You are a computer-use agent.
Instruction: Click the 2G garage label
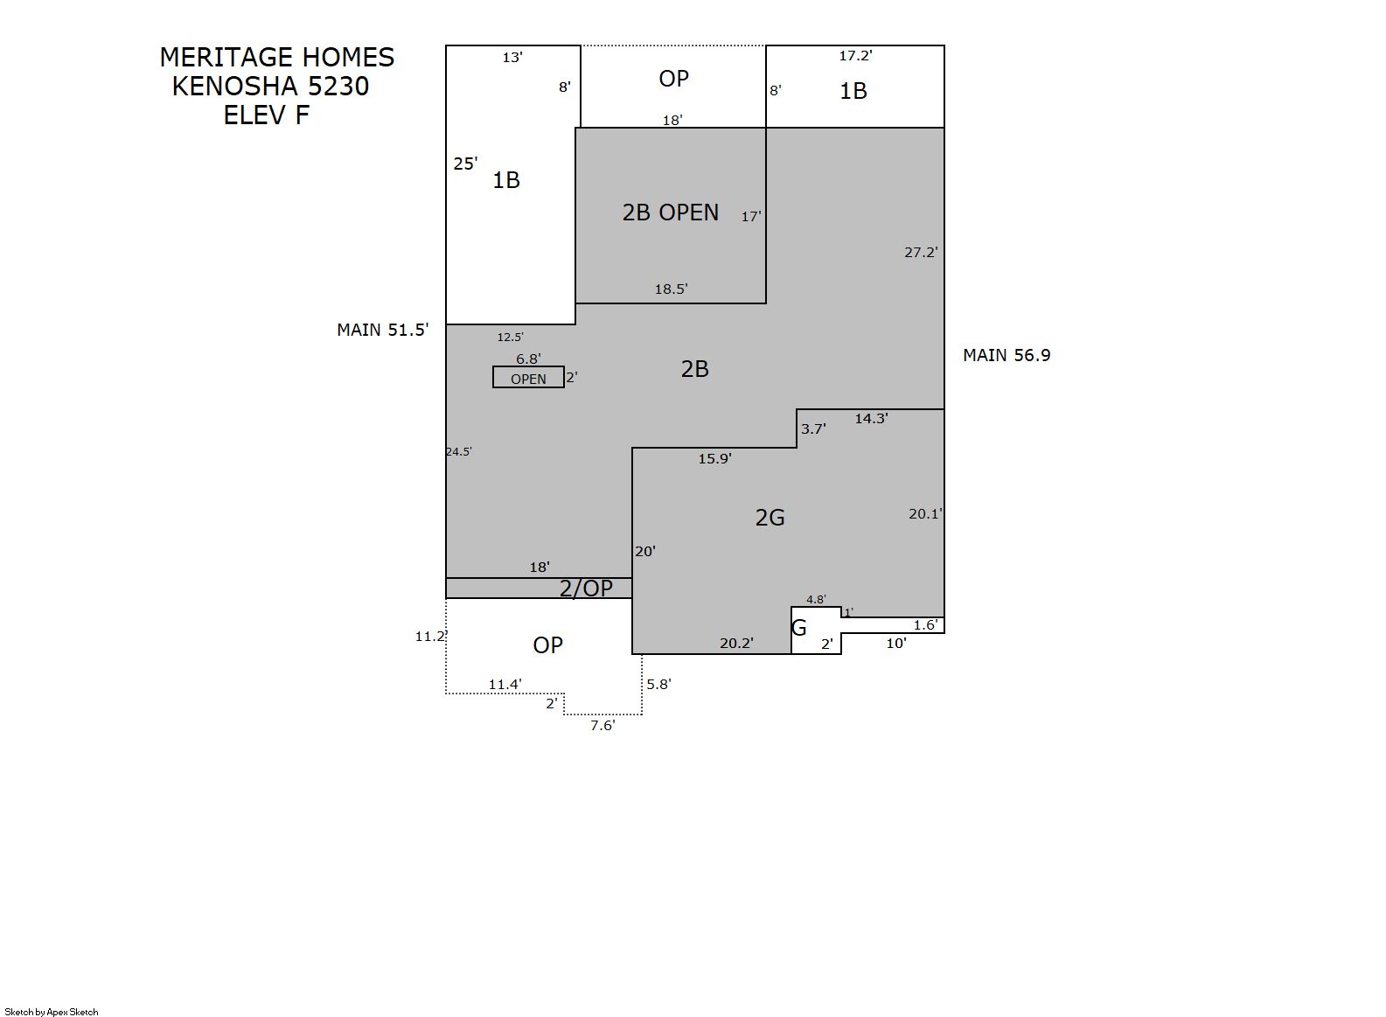pyautogui.click(x=770, y=518)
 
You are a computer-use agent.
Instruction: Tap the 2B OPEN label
pyautogui.click(x=670, y=212)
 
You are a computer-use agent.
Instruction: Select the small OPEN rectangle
pyautogui.click(x=528, y=377)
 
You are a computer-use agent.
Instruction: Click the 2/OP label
pyautogui.click(x=586, y=589)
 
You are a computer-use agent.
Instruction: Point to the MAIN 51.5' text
pyautogui.click(x=382, y=331)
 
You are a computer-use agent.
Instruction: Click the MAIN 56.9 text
pyautogui.click(x=1006, y=356)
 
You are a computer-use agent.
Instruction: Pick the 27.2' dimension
pyautogui.click(x=921, y=253)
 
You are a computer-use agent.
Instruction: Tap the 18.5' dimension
pyautogui.click(x=672, y=289)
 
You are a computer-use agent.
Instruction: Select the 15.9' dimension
pyautogui.click(x=714, y=459)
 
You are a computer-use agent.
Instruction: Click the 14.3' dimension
pyautogui.click(x=871, y=419)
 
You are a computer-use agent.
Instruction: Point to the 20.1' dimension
pyautogui.click(x=925, y=514)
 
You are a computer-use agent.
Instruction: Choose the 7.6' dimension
pyautogui.click(x=602, y=726)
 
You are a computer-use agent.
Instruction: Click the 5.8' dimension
pyautogui.click(x=659, y=684)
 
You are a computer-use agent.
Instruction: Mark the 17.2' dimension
pyautogui.click(x=856, y=56)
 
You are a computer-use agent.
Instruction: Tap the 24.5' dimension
pyautogui.click(x=458, y=451)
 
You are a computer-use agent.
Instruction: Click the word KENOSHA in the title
pyautogui.click(x=238, y=87)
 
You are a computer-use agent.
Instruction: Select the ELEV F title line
pyautogui.click(x=266, y=115)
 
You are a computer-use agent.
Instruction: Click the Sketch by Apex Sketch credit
pyautogui.click(x=52, y=1012)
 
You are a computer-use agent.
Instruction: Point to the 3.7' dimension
pyautogui.click(x=813, y=428)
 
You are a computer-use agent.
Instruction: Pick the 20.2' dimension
pyautogui.click(x=736, y=644)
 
